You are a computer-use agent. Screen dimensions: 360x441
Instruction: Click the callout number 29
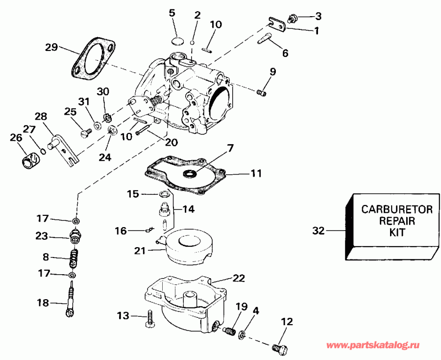51,47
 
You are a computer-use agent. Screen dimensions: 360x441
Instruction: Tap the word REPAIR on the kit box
397,221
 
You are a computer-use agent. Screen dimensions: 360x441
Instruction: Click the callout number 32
318,230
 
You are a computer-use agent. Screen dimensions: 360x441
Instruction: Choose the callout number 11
256,173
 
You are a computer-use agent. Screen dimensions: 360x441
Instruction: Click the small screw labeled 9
262,92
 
